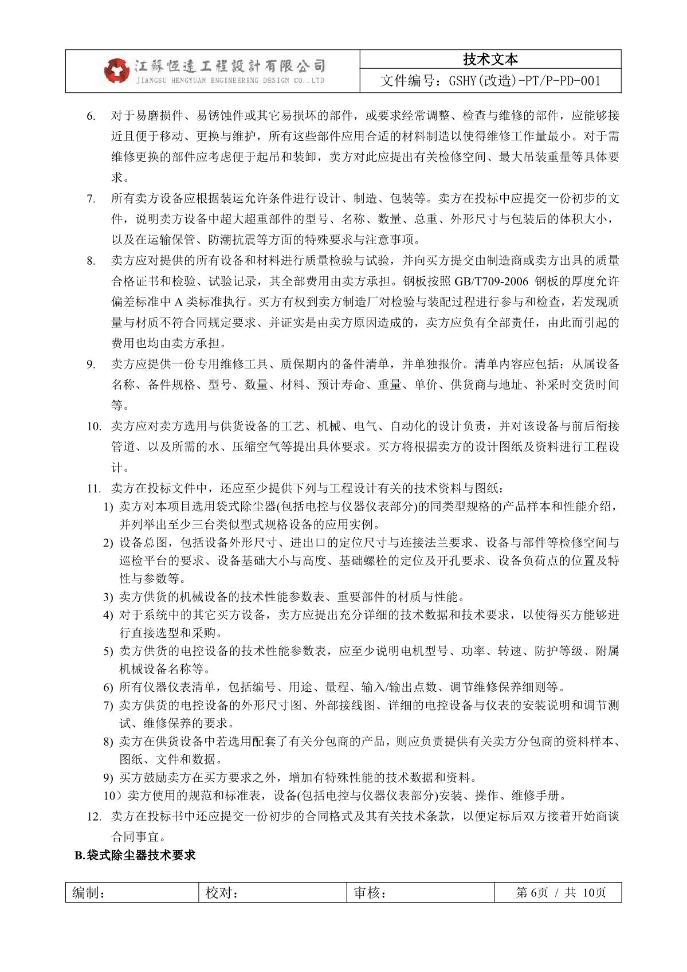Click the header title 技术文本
(490, 60)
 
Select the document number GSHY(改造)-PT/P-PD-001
(490, 81)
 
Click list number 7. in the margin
(91, 199)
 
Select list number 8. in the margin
(91, 261)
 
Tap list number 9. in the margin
(91, 364)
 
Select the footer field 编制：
(88, 893)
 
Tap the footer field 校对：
(222, 893)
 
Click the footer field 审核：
(370, 893)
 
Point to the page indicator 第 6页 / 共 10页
(560, 893)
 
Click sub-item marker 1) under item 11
(108, 507)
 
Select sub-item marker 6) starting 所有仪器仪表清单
(108, 687)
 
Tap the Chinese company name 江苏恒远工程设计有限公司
(230, 66)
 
